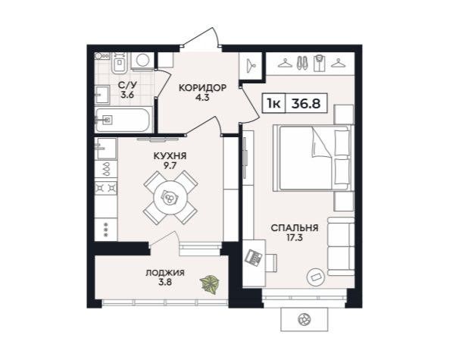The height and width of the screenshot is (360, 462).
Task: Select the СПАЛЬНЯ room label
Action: pos(295,227)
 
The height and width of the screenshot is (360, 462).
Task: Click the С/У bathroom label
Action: pos(126,86)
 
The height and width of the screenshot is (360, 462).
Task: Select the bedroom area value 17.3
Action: pos(295,237)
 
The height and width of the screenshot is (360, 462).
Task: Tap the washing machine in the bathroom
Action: pos(142,59)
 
